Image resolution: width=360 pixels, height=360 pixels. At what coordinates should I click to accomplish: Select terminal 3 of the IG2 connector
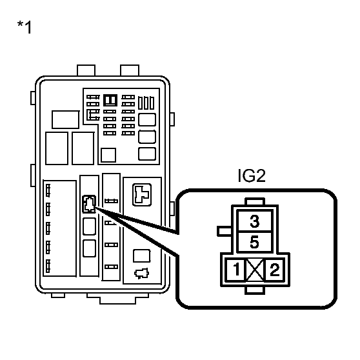pos(254,222)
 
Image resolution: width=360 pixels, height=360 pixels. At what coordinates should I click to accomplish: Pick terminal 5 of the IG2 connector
pos(254,243)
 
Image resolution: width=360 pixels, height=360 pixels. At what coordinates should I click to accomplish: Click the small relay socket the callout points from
pos(90,204)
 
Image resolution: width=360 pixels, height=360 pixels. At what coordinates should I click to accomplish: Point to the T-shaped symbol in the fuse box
pos(140,193)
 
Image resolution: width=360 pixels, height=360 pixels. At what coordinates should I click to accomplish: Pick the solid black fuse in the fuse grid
pos(110,100)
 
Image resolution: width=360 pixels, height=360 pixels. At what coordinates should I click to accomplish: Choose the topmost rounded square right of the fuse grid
pos(147,119)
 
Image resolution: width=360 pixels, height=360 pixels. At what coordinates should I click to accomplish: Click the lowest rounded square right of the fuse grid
pos(147,154)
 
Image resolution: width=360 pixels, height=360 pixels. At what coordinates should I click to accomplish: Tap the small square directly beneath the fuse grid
pos(109,155)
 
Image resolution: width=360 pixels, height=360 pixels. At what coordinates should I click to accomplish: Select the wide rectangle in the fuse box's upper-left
pos(65,119)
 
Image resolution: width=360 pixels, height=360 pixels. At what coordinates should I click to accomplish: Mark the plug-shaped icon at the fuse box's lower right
pos(139,272)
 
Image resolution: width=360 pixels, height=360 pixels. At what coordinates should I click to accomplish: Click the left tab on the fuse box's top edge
pos(86,70)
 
